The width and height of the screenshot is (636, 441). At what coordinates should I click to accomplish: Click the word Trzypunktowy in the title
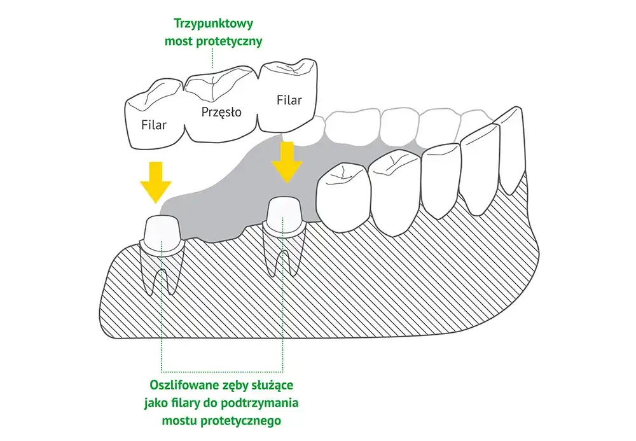click(x=213, y=23)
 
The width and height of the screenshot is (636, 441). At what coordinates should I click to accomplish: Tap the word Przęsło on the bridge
click(x=221, y=111)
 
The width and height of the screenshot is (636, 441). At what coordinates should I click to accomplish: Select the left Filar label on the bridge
click(x=154, y=125)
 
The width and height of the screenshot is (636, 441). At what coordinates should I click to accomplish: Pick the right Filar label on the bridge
click(x=289, y=100)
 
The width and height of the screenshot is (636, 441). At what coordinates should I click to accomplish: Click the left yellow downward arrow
click(x=156, y=182)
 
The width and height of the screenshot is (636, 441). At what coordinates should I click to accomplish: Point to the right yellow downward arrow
click(x=287, y=162)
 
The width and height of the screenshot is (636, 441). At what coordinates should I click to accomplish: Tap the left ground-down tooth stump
click(x=162, y=235)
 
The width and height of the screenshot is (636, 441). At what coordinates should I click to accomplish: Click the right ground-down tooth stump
click(x=283, y=216)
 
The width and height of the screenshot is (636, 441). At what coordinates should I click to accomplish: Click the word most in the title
click(x=179, y=41)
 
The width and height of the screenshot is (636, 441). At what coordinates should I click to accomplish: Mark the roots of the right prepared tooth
click(x=283, y=253)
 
